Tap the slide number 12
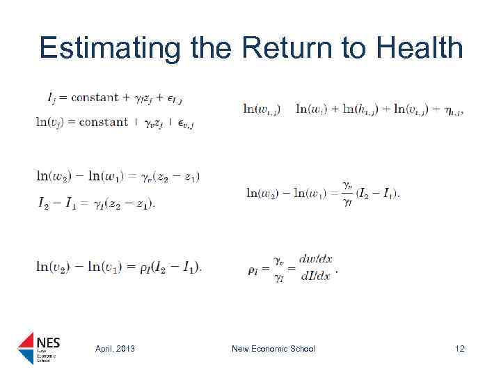coord(459,348)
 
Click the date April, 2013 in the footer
coord(115,348)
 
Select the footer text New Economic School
coord(273,348)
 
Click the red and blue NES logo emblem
coord(27,348)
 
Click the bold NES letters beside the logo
coord(48,342)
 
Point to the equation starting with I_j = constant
coord(115,97)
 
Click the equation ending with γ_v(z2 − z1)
coord(118,177)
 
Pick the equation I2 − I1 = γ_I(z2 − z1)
coord(97,203)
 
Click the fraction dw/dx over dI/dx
coord(315,267)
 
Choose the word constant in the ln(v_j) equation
coord(104,123)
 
